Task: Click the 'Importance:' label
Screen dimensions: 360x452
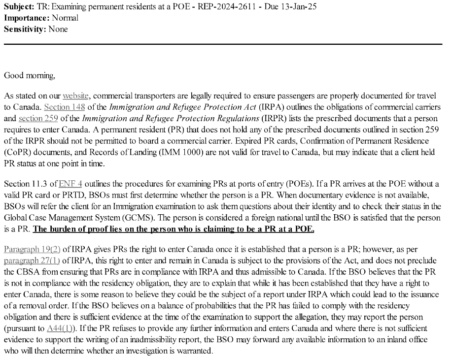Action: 23,18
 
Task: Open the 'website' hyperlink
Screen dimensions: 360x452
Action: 75,96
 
